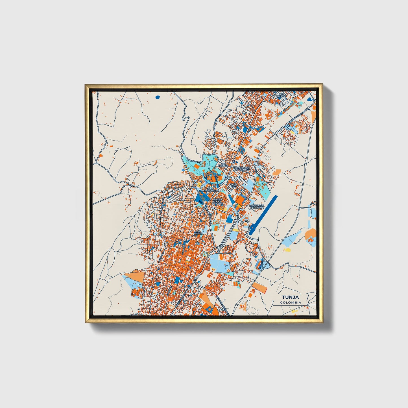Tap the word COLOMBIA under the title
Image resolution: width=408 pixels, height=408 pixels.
(x=291, y=302)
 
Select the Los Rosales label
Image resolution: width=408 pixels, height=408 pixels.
(x=223, y=165)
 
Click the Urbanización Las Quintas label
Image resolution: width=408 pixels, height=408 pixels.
(x=241, y=169)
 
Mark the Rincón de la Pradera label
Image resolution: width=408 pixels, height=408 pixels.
(x=218, y=201)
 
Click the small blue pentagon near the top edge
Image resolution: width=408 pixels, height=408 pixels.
(x=158, y=97)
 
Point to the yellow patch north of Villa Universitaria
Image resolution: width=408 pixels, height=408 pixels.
(x=199, y=184)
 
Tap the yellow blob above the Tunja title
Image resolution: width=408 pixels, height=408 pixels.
(x=287, y=250)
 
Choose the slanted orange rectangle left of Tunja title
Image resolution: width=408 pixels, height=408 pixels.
(x=259, y=287)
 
